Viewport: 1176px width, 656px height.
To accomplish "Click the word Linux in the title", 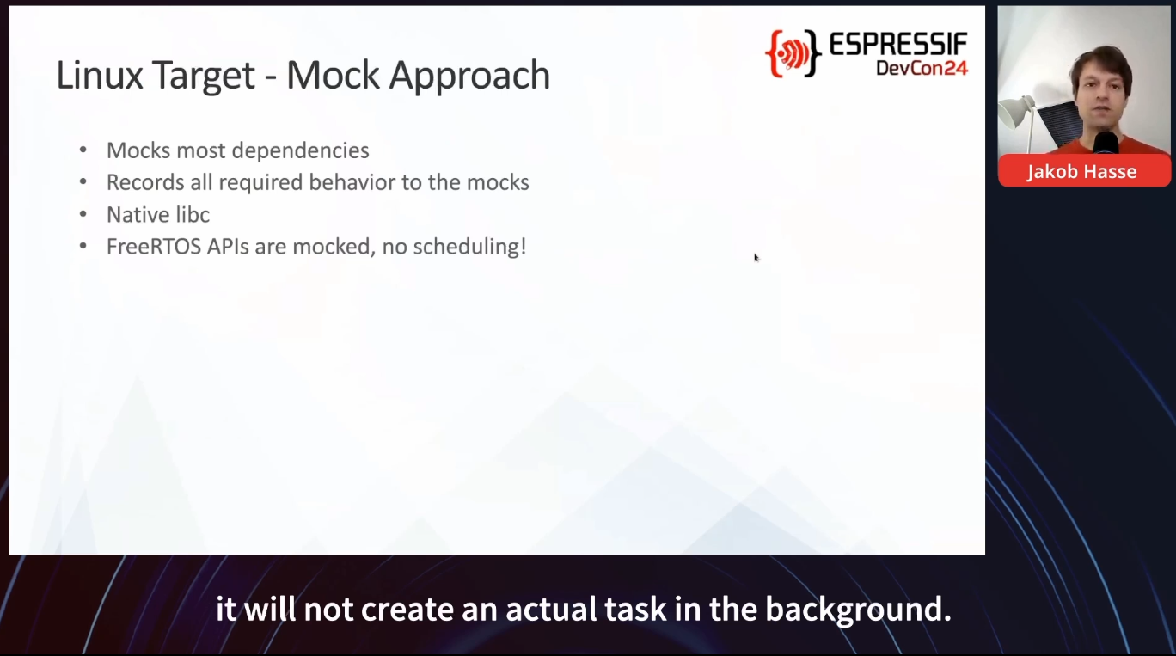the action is pos(100,75).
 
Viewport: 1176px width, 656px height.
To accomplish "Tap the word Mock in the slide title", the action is pos(333,75).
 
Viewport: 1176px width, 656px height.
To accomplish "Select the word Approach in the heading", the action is pos(469,77).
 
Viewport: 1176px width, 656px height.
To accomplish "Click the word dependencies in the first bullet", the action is pos(300,151).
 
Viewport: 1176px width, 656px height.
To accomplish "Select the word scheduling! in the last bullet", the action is pos(470,247).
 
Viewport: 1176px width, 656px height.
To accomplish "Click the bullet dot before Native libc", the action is pos(83,215).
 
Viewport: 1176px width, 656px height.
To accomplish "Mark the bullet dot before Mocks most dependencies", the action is pos(83,150).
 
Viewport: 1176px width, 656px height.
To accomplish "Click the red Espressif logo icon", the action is pos(793,53).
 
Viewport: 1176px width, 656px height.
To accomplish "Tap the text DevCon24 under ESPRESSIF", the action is pos(922,68).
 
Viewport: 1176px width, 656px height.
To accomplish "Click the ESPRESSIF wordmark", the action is pos(898,44).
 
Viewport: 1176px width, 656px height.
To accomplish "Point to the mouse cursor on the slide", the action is pos(756,257).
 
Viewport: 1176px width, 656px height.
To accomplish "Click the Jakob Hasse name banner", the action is pos(1084,171).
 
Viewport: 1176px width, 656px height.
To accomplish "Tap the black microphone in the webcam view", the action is pos(1106,143).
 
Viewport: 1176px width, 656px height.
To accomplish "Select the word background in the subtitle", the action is pos(858,610).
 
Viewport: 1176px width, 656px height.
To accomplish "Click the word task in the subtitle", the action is pos(635,610).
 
